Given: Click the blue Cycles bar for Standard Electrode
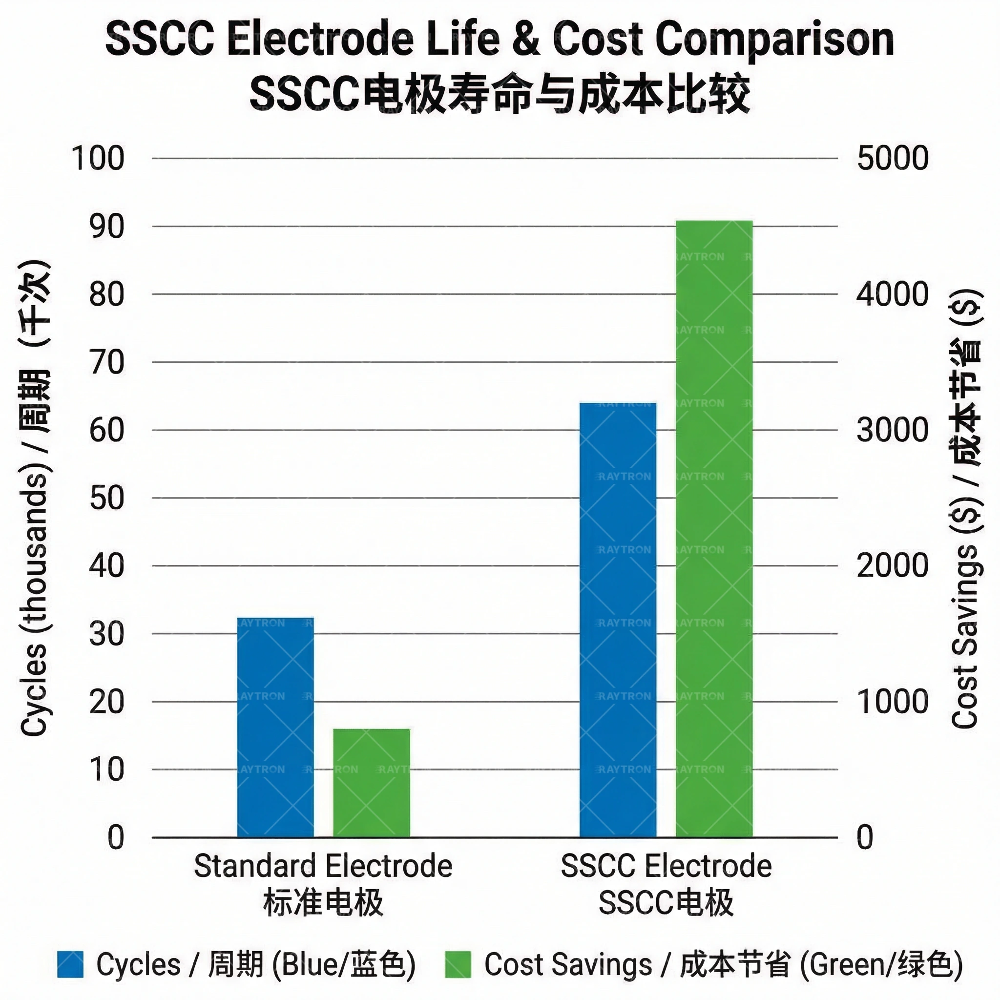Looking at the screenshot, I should pyautogui.click(x=275, y=727).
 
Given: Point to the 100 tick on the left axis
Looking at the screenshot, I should pyautogui.click(x=98, y=158).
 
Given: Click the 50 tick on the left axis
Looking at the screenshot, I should pyautogui.click(x=106, y=498).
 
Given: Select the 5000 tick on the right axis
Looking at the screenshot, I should pyautogui.click(x=893, y=158).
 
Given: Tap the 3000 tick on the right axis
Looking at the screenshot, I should pyautogui.click(x=893, y=430).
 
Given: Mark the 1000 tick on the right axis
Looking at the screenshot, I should pyautogui.click(x=893, y=702).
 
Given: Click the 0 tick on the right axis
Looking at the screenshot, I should pyautogui.click(x=865, y=837).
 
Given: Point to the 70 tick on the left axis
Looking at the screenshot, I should pyautogui.click(x=106, y=362).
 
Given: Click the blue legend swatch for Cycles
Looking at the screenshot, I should pyautogui.click(x=70, y=964).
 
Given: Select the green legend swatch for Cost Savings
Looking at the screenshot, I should pyautogui.click(x=458, y=964).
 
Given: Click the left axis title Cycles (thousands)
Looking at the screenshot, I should pyautogui.click(x=35, y=497).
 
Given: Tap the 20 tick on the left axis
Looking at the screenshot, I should pyautogui.click(x=106, y=702).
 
